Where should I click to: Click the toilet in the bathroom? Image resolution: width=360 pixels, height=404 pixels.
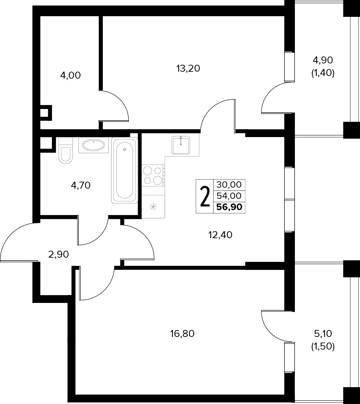66,150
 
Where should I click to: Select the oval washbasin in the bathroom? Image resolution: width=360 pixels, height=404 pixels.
94,145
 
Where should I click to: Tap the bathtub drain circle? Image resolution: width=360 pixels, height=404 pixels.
125,150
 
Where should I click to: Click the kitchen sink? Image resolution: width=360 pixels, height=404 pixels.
181,145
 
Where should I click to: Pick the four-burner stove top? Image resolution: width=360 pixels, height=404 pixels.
153,175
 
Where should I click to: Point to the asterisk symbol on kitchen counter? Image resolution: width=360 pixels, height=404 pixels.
153,206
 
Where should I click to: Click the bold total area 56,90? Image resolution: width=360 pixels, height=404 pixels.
229,207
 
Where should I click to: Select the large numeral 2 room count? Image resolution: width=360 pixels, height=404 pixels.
205,197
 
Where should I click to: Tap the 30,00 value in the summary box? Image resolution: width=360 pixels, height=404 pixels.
229,185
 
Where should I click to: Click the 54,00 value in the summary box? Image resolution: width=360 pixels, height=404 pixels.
229,196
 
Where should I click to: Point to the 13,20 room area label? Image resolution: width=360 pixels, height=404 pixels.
188,69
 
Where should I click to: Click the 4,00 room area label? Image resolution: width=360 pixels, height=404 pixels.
70,76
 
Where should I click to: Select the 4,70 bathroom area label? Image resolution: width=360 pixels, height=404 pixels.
81,186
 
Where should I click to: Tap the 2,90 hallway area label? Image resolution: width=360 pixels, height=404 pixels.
59,254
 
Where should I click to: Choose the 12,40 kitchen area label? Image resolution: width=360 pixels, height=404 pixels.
220,235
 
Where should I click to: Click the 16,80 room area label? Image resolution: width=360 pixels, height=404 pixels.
182,334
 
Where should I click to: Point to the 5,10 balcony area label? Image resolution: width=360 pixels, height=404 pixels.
323,334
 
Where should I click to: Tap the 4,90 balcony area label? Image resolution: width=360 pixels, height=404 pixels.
323,60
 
